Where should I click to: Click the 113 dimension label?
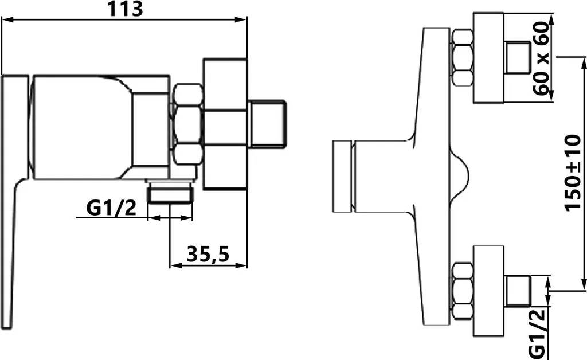tap(125, 9)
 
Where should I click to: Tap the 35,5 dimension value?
tap(208, 255)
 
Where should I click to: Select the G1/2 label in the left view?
tap(111, 208)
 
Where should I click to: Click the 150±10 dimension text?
tap(573, 173)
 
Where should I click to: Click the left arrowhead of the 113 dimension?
tap(8, 19)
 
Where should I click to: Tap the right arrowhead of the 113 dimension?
tap(241, 19)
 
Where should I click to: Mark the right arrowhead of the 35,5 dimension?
tap(241, 265)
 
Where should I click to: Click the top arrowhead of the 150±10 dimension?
tap(584, 63)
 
